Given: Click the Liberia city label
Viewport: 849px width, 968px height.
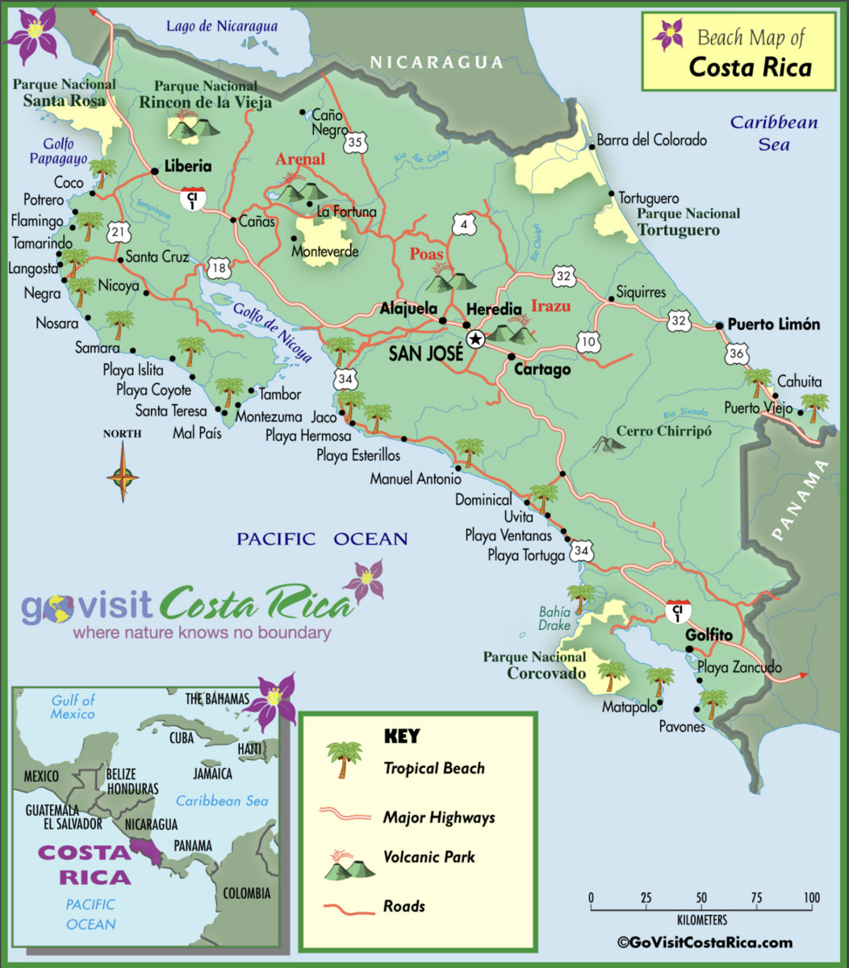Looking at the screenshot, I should point(187,166).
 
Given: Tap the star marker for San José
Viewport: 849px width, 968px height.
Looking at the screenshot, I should point(475,340).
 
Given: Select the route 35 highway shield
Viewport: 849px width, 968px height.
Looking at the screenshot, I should point(355,143).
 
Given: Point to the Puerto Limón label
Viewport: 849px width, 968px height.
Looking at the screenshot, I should point(773,324).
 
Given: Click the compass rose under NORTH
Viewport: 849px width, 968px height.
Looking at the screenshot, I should point(123,474).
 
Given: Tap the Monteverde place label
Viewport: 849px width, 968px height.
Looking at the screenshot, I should point(324,252).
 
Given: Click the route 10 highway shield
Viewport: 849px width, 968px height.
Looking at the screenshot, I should point(589,342).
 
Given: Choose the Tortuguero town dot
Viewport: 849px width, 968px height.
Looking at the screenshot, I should point(612,196).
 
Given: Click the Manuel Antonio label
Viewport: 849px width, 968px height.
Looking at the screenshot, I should point(416,479).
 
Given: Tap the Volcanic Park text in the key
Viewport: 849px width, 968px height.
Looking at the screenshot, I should point(429,857).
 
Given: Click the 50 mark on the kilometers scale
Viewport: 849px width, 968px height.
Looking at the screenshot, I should point(701,898).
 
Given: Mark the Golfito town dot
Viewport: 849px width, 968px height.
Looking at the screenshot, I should point(688,649).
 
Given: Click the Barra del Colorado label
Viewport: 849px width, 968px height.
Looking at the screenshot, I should point(651,140).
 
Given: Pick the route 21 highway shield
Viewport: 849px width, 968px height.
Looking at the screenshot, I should point(119,233).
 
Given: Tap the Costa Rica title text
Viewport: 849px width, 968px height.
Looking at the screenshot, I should point(750,67).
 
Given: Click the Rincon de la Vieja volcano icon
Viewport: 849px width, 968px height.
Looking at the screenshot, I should point(194,126).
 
